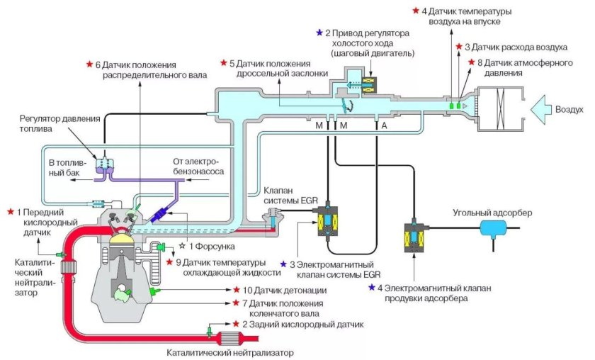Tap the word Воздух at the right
(x=571, y=110)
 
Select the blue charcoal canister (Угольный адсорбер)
(x=491, y=227)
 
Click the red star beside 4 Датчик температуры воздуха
(x=415, y=11)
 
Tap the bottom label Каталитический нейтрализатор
(x=229, y=352)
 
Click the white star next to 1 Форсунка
(x=181, y=245)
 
